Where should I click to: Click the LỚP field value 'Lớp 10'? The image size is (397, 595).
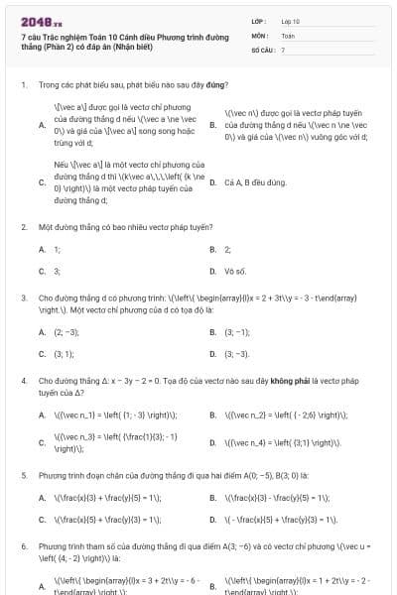pos(290,20)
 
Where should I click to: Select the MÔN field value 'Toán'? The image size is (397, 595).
pos(288,34)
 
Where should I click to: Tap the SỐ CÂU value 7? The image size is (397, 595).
pos(283,49)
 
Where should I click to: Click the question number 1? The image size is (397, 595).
pos(23,86)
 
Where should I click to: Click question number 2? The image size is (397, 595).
pos(23,227)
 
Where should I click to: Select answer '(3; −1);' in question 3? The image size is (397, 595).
pos(238,332)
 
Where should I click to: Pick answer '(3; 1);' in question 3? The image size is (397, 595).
pos(64,353)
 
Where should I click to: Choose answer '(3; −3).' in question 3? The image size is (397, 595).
pos(237,353)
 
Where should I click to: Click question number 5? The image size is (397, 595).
pos(23,476)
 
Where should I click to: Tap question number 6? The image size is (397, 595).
pos(23,546)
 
